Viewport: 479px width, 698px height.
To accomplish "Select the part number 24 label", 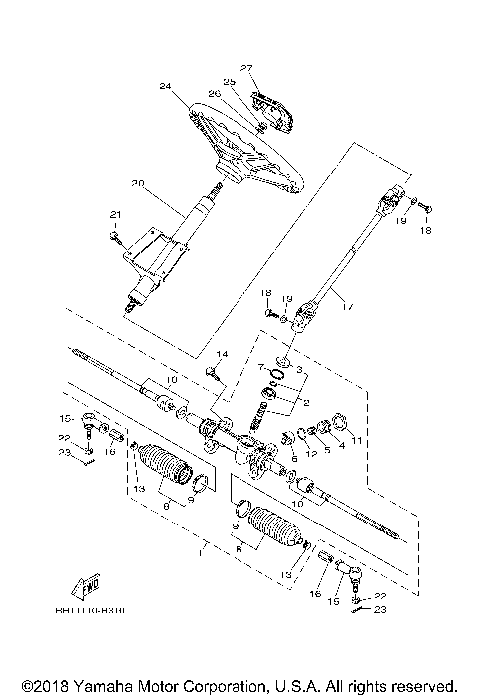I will [165, 87].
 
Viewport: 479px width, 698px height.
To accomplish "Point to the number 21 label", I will [114, 215].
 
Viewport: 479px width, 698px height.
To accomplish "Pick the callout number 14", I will [222, 355].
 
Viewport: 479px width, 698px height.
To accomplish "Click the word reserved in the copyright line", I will [426, 686].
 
